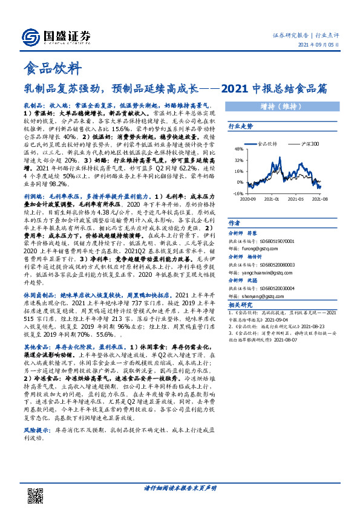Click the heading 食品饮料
pyautogui.click(x=51, y=68)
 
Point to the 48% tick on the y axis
pyautogui.click(x=239, y=149)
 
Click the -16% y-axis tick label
pyautogui.click(x=238, y=193)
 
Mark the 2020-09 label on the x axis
pyautogui.click(x=249, y=198)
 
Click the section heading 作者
pyautogui.click(x=235, y=222)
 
